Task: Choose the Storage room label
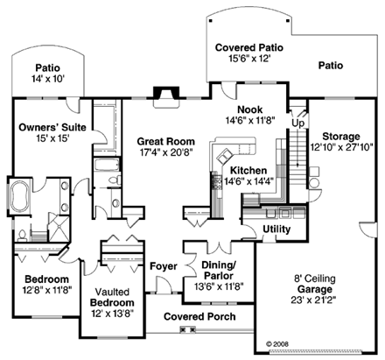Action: point(341,137)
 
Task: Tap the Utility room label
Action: point(276,229)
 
